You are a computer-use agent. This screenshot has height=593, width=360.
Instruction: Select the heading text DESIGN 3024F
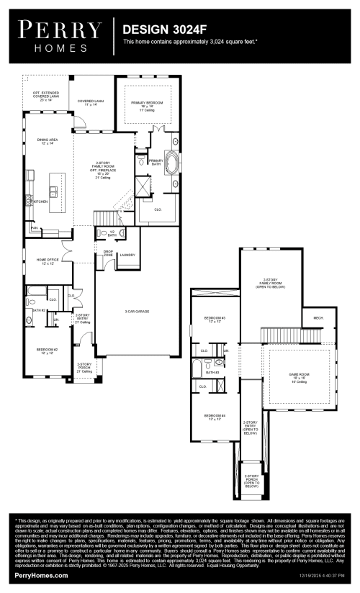click(163, 30)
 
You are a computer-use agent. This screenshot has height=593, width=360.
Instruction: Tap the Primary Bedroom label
click(148, 105)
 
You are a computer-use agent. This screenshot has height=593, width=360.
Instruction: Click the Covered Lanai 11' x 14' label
click(91, 103)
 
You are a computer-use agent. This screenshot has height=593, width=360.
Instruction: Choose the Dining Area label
click(47, 142)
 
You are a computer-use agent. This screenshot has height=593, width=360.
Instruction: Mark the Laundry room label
click(128, 255)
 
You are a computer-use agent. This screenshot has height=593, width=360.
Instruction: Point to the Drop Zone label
click(108, 253)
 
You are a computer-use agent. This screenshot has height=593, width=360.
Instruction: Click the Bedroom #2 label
click(47, 351)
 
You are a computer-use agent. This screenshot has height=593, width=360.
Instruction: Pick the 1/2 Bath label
click(112, 234)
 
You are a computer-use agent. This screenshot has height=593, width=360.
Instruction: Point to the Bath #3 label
click(212, 372)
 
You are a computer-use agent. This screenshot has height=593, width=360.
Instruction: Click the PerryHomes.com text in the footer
click(42, 576)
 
